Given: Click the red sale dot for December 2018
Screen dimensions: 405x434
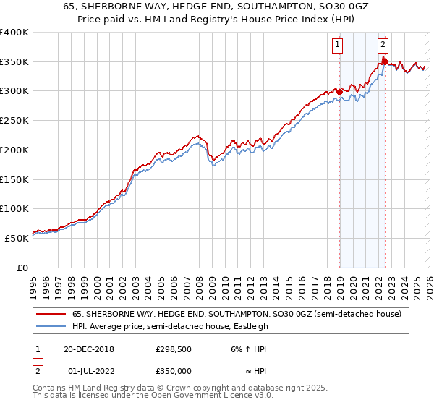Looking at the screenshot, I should [339, 92].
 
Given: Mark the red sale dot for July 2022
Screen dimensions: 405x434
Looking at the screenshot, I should [385, 62].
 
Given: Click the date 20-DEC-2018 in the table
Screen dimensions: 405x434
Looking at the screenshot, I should [89, 349].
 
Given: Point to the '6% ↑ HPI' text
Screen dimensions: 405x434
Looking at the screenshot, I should [247, 349].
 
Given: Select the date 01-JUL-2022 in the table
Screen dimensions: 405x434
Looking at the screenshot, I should [88, 370].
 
